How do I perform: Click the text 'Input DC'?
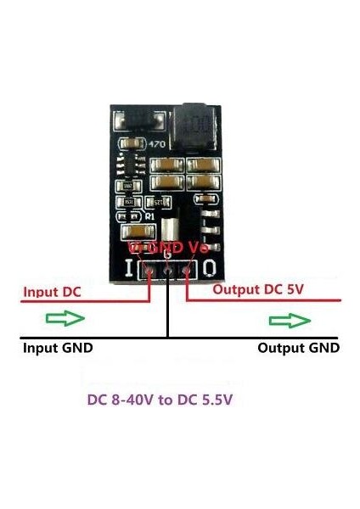(53, 292)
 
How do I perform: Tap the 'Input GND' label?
(58, 347)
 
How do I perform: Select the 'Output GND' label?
(298, 347)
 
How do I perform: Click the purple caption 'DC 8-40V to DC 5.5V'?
(160, 400)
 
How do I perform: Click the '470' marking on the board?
(157, 144)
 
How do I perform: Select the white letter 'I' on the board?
(129, 271)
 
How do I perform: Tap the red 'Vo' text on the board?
(199, 247)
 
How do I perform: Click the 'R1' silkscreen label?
(149, 217)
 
